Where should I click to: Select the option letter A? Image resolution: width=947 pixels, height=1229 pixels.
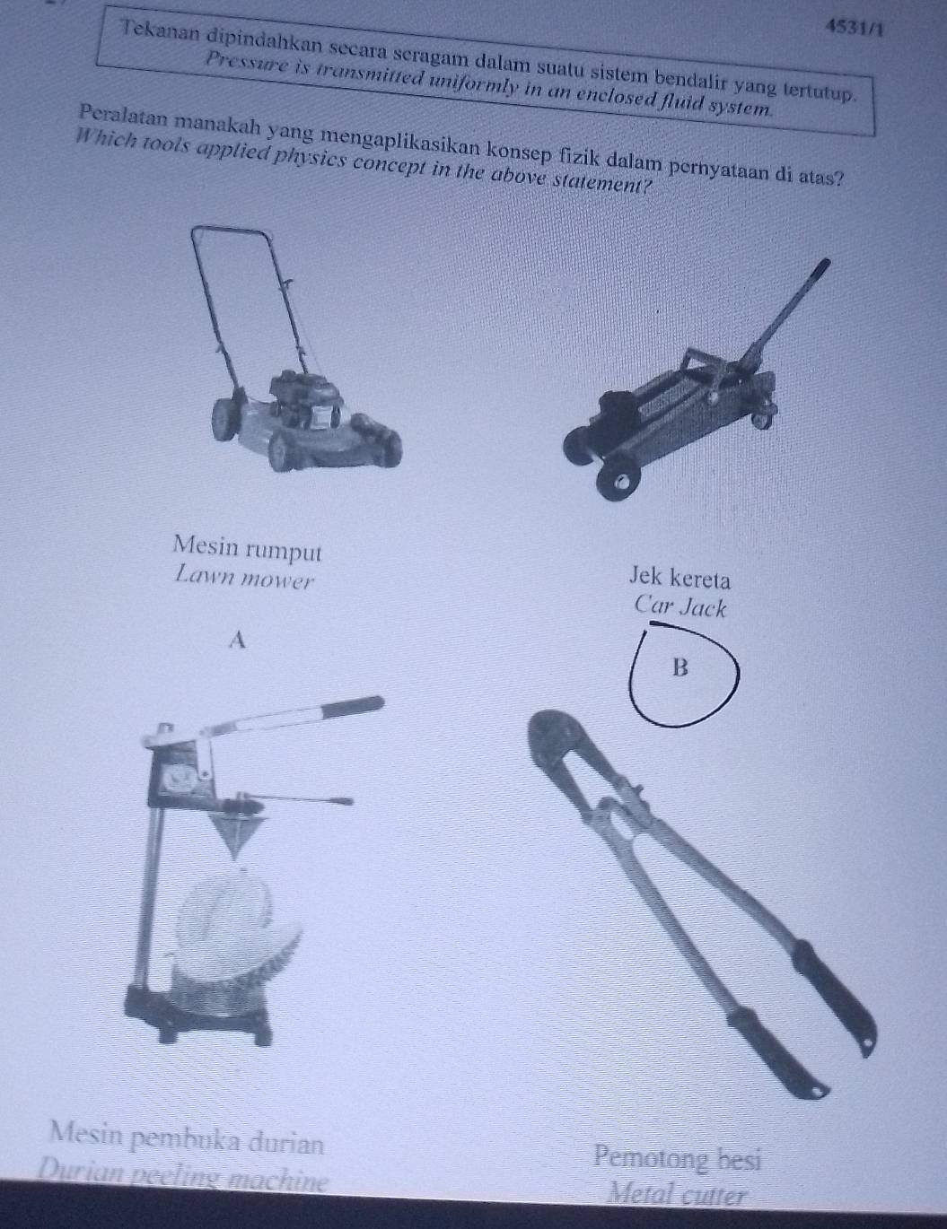(x=237, y=639)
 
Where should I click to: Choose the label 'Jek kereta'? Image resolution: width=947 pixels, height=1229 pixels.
(x=680, y=574)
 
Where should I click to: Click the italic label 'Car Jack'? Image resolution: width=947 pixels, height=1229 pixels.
(x=680, y=606)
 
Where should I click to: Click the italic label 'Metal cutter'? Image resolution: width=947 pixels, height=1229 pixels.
(x=677, y=1194)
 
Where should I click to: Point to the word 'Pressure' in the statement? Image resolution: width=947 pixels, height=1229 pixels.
(x=239, y=59)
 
